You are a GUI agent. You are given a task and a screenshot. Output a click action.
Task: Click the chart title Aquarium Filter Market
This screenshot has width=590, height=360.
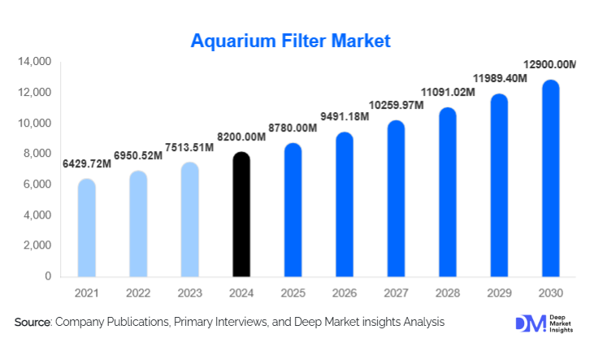click(290, 40)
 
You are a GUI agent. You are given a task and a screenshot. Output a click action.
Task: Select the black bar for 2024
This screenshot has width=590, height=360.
click(241, 215)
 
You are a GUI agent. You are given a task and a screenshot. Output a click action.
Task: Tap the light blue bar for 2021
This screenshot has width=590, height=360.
click(86, 228)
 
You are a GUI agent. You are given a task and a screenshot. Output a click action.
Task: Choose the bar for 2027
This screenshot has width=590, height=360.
click(396, 199)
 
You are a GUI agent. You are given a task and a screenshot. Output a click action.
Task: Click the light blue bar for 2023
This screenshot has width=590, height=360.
click(189, 220)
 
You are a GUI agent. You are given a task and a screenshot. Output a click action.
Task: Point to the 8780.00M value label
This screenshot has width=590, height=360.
click(306, 128)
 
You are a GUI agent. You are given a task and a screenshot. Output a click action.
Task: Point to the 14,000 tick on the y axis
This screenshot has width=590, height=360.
click(35, 62)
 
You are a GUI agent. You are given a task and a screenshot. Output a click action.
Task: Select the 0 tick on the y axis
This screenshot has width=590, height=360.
click(48, 276)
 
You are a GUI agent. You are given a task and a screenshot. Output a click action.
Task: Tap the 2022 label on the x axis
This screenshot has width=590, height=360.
click(138, 293)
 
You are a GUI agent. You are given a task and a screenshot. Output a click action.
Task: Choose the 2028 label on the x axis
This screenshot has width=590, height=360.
click(448, 293)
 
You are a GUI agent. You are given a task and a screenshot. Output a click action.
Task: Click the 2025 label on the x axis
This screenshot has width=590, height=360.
click(293, 293)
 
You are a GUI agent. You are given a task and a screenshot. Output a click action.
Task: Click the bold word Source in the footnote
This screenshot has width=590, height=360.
click(33, 323)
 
